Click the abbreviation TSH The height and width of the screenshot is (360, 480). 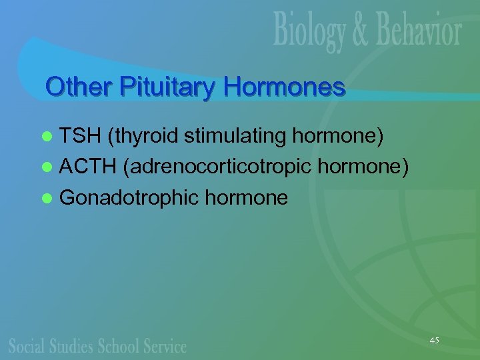point(79,137)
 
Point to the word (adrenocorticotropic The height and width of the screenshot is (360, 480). point(218,167)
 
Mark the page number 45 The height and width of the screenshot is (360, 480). point(435,340)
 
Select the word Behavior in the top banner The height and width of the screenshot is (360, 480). point(423,32)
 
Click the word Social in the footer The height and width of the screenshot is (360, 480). point(27,345)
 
